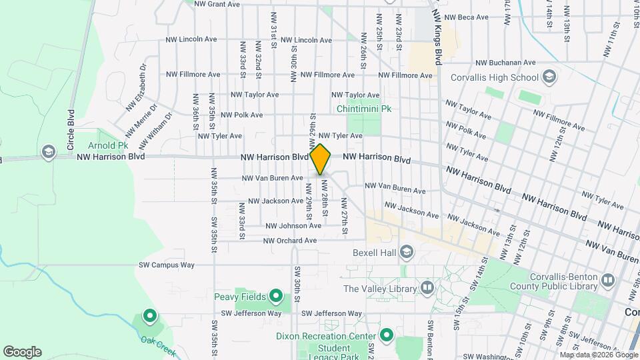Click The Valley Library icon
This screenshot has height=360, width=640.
(x=427, y=289)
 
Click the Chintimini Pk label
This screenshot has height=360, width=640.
(x=363, y=109)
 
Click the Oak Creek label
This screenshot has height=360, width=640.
(x=158, y=345)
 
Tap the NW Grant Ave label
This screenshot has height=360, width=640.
(x=217, y=4)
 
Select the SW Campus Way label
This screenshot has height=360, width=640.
(x=167, y=265)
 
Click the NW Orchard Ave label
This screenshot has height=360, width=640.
(x=290, y=241)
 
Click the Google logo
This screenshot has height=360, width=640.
(x=22, y=352)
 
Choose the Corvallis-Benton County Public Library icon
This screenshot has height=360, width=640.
(x=607, y=281)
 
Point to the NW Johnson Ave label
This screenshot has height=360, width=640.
(x=293, y=226)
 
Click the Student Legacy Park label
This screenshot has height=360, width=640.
(x=334, y=353)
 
